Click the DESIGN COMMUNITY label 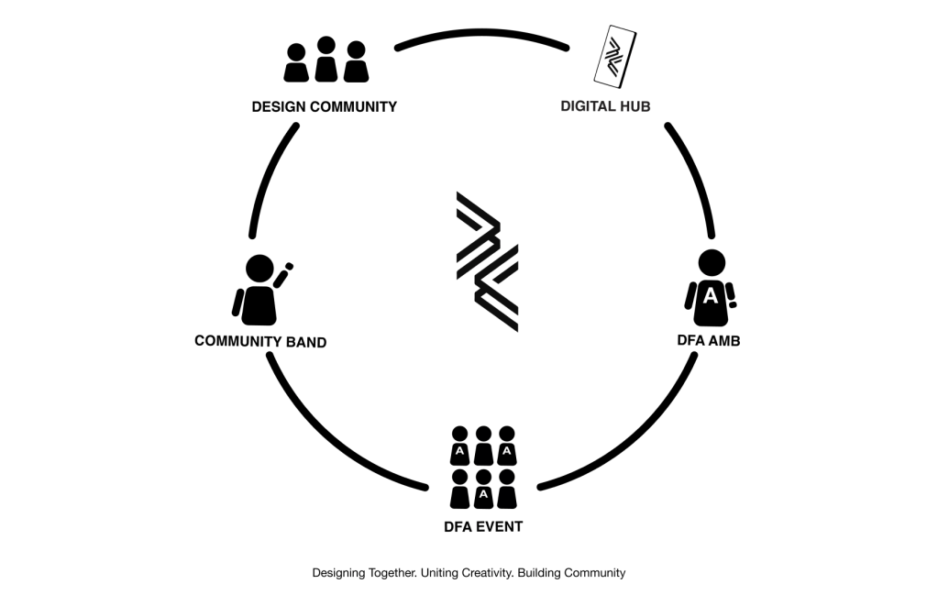(x=324, y=106)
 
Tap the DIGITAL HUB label (x=605, y=106)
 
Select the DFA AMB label (x=708, y=341)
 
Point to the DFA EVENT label (x=482, y=526)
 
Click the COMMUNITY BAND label (x=260, y=342)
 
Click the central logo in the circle (x=487, y=261)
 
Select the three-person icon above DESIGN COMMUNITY (x=325, y=61)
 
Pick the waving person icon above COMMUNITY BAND (x=260, y=290)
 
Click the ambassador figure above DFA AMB (x=711, y=288)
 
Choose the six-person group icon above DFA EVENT (x=483, y=468)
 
